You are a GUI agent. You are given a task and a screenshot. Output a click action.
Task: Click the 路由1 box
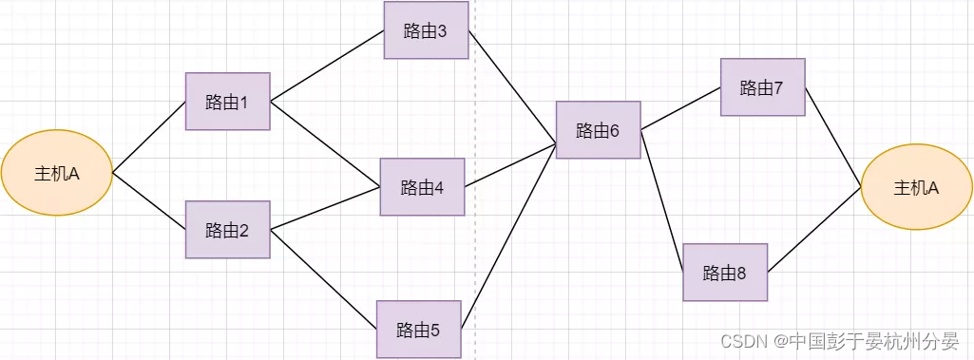coord(228,102)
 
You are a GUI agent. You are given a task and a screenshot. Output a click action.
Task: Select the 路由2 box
coord(228,229)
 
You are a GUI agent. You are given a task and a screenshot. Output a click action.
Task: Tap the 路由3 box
coord(426,30)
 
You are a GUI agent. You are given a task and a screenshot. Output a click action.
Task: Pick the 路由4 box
coord(422,187)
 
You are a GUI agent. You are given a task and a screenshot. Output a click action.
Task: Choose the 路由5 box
coord(419,330)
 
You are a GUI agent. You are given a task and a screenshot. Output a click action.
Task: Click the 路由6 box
coord(598,130)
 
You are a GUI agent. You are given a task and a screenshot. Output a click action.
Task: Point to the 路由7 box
coord(762,87)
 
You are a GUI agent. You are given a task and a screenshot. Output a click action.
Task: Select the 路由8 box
coord(725,274)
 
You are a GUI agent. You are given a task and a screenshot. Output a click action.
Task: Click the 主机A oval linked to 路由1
coord(57,174)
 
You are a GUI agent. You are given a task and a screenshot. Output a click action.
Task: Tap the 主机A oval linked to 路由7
coord(916,188)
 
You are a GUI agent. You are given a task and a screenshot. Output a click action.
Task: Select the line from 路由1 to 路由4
coord(326,142)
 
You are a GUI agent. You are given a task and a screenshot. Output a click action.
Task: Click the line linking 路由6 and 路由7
coord(680,109)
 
